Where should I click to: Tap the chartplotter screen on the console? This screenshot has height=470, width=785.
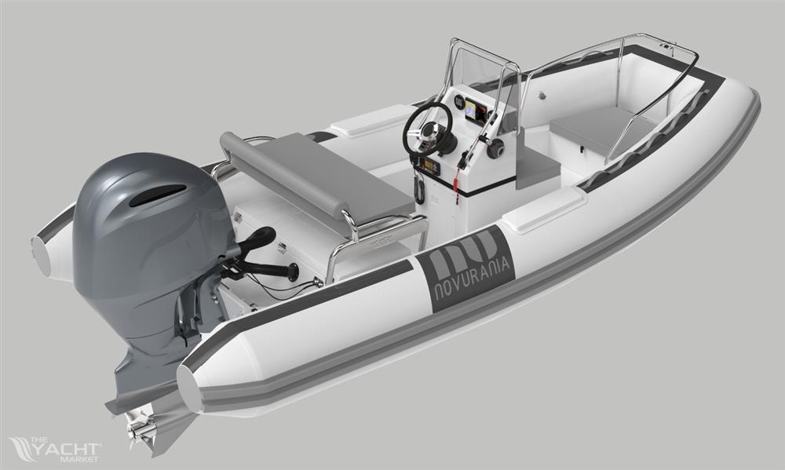pos(474,111)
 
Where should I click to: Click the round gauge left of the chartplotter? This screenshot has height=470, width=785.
pos(458,102)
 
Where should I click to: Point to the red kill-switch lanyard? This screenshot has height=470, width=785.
pos(456,184)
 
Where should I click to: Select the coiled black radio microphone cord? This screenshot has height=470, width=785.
pos(419,186)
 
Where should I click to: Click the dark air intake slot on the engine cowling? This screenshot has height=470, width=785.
pos(157,195)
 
